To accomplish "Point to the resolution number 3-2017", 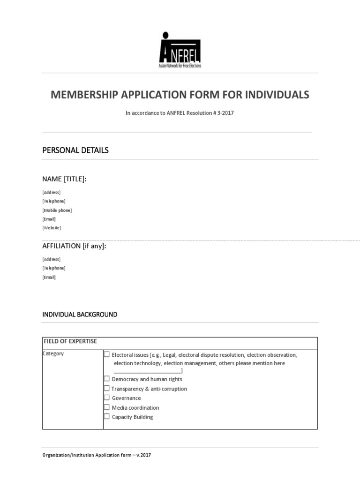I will coord(224,113).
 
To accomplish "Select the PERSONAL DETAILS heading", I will coord(75,150).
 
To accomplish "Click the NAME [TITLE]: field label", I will coord(64,179).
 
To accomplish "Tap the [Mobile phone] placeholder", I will coord(57,210).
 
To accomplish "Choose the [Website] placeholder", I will coord(52,228).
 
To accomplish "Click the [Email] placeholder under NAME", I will coord(49,219).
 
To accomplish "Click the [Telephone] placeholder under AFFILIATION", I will coord(54,268).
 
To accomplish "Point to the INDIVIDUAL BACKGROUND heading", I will coord(80,315).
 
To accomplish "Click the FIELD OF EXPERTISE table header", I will coord(70,341).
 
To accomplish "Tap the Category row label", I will coord(53,353).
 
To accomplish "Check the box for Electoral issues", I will coord(107,355).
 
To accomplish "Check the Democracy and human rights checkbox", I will coord(107,379).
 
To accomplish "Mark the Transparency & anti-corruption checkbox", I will coord(107,389).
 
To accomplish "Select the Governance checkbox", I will coord(107,398).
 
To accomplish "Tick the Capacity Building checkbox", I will coord(107,417).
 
